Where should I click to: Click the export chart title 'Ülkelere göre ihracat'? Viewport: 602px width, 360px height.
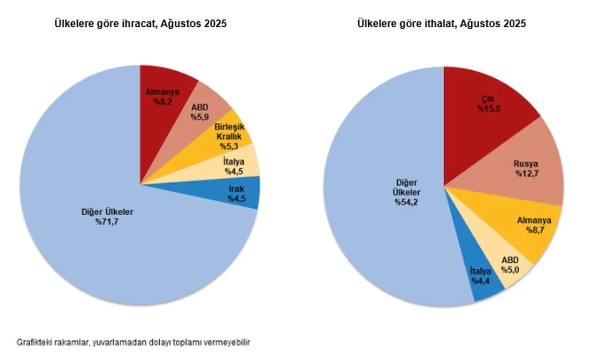pyautogui.click(x=141, y=23)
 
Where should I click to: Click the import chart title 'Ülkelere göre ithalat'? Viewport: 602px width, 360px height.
pyautogui.click(x=441, y=23)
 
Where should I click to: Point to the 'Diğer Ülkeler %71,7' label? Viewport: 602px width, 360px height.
pyautogui.click(x=107, y=216)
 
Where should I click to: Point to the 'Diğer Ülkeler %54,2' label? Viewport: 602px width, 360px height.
pyautogui.click(x=407, y=193)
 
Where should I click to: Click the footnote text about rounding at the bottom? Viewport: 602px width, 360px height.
pyautogui.click(x=134, y=342)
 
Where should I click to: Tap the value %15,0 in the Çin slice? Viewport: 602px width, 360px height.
pyautogui.click(x=487, y=109)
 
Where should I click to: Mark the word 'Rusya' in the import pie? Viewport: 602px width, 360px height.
pyautogui.click(x=525, y=164)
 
